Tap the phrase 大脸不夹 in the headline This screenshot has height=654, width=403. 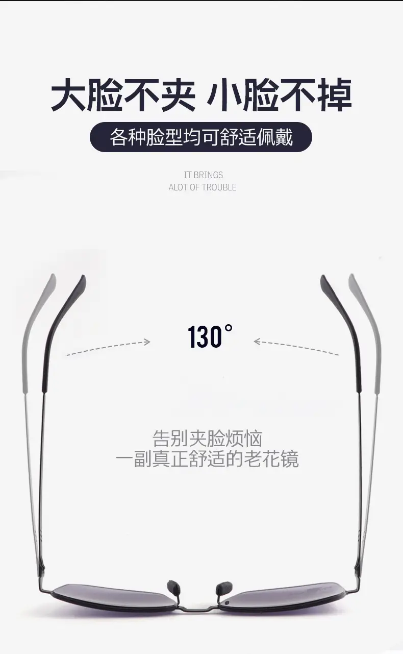(x=123, y=95)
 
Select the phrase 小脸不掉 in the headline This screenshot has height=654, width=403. (x=279, y=95)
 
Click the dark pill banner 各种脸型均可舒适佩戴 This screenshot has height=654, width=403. (x=201, y=137)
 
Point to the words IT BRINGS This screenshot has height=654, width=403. (x=204, y=175)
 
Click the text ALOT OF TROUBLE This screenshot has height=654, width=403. (x=203, y=187)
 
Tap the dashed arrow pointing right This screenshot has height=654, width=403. (x=108, y=348)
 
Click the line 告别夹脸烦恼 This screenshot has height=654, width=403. (x=208, y=438)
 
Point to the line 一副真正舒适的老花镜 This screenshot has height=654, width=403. (x=207, y=459)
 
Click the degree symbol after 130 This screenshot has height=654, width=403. (x=229, y=328)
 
